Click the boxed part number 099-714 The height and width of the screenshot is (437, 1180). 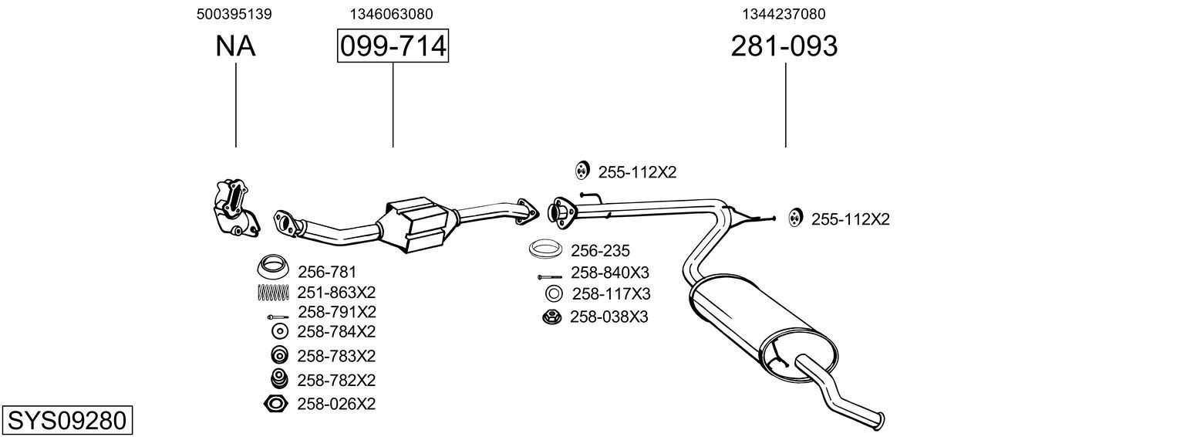point(393,46)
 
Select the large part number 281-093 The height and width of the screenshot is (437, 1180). point(784,46)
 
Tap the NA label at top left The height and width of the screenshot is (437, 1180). point(235,46)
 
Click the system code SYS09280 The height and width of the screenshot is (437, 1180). point(66,421)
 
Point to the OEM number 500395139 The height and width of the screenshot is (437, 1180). point(234,14)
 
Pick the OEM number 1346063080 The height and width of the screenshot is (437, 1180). point(391,14)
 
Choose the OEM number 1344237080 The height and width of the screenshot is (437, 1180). point(784,14)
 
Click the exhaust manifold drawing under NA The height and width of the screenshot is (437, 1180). point(234,208)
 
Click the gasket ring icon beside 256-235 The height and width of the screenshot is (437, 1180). point(546,250)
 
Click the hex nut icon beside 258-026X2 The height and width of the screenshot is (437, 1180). point(275,404)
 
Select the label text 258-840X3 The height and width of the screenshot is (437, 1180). point(610,273)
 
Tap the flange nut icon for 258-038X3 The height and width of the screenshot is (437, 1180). point(552,317)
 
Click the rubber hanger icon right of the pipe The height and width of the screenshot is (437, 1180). point(794,218)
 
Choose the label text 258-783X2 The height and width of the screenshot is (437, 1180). point(335,356)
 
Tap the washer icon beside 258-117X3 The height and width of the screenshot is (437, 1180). point(553,294)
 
